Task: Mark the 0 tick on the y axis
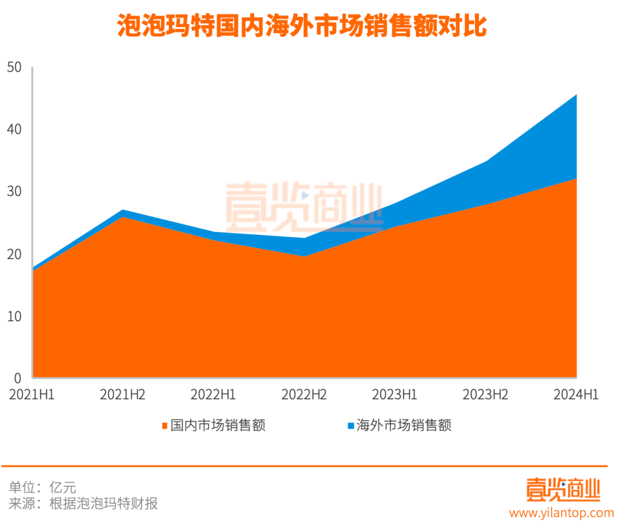tap(17, 378)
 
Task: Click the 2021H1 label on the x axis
tap(32, 395)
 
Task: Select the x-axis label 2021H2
tap(122, 395)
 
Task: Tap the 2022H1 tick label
tap(213, 395)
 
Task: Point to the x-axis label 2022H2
tap(304, 395)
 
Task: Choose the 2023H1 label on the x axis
tap(395, 395)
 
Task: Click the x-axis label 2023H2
tap(485, 395)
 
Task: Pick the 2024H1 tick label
tap(575, 395)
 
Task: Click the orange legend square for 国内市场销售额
tap(165, 426)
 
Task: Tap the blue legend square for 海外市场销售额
tap(350, 426)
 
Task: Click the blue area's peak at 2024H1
tap(576, 95)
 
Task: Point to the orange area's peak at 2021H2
tap(123, 218)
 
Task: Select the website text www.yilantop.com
tap(561, 513)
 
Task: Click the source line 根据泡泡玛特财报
tap(103, 503)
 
